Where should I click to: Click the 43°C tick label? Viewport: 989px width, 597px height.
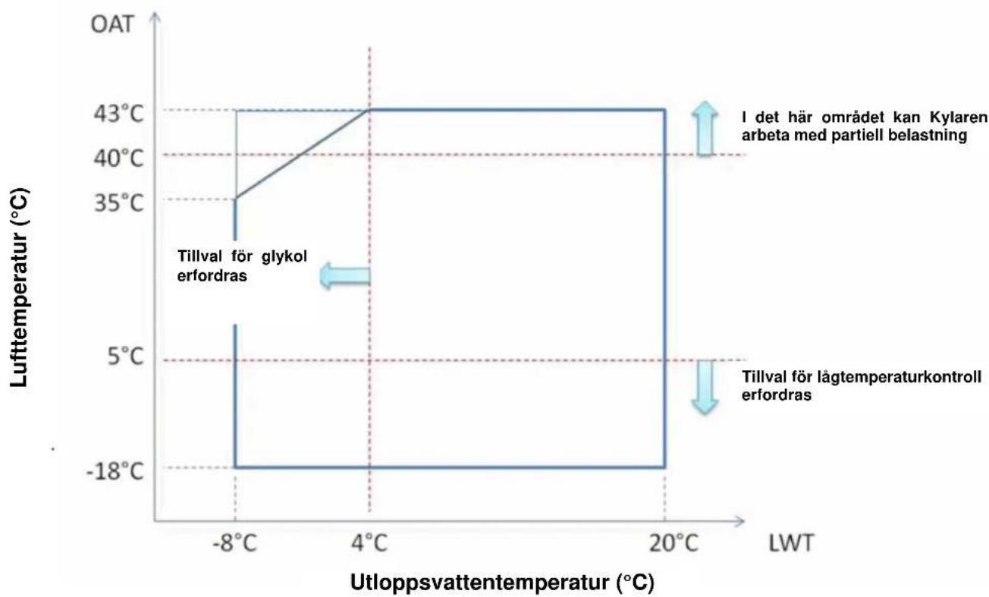(x=118, y=114)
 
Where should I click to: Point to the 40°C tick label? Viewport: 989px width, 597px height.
(x=118, y=158)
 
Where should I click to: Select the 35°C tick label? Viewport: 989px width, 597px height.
(x=118, y=203)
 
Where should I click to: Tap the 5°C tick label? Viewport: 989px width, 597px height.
(x=125, y=356)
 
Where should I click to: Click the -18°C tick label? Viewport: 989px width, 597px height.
(x=115, y=472)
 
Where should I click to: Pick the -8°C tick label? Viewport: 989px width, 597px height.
(x=234, y=542)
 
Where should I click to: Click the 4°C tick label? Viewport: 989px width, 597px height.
(x=369, y=542)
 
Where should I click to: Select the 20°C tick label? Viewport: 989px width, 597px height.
(x=673, y=542)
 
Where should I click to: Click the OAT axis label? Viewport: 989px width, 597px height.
(x=111, y=24)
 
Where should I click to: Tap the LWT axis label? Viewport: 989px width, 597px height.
(x=791, y=543)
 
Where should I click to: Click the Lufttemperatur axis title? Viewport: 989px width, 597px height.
(x=20, y=288)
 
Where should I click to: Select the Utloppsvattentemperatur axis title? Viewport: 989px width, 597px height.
(x=502, y=582)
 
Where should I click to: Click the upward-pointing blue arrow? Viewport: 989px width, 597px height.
(x=705, y=128)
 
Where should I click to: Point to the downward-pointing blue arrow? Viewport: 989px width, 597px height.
(x=705, y=388)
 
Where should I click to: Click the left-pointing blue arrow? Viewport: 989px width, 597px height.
(x=345, y=275)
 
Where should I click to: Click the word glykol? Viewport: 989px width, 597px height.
(x=284, y=256)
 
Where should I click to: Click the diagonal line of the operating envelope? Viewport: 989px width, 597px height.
(x=302, y=153)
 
